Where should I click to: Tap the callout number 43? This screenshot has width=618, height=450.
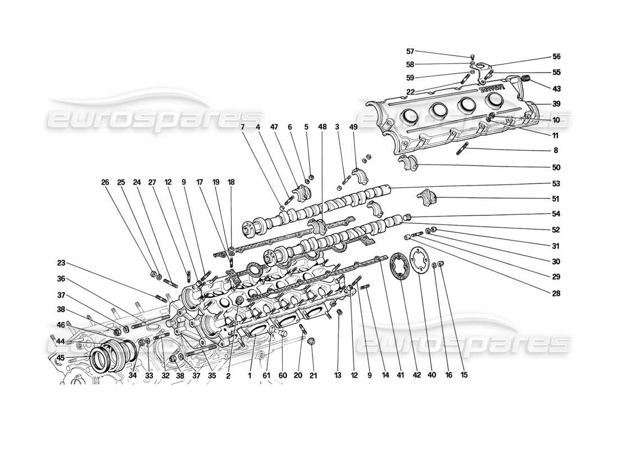[x=556, y=88]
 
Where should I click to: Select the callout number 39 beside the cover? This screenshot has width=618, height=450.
[x=556, y=104]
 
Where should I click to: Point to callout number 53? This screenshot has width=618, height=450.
[x=556, y=183]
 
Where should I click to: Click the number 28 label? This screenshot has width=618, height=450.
[x=556, y=292]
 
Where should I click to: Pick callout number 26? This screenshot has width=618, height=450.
[x=105, y=182]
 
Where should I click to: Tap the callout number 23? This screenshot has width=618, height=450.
[x=61, y=262]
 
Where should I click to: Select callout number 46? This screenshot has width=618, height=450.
[x=61, y=325]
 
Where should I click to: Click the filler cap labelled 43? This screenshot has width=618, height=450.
[x=528, y=78]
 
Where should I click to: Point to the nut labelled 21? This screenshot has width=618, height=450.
[x=312, y=341]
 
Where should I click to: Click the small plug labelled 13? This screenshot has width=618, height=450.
[x=339, y=312]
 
